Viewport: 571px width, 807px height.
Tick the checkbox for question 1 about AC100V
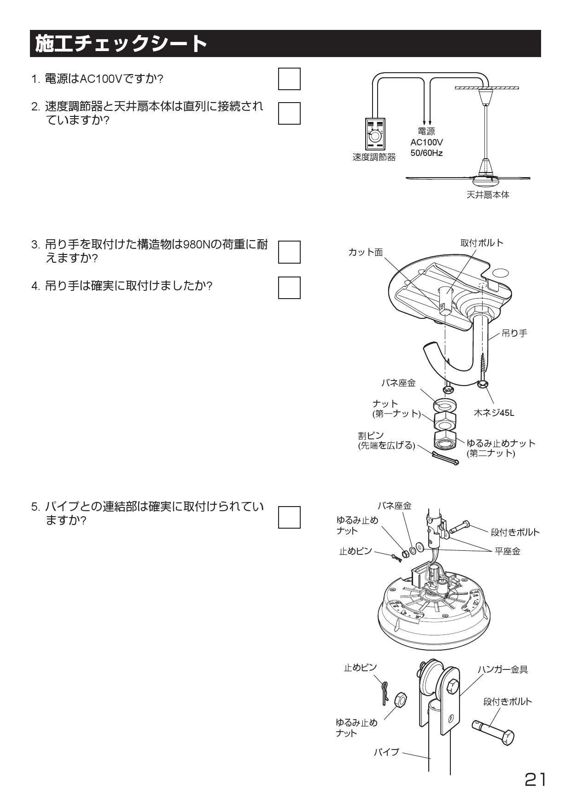[x=289, y=79]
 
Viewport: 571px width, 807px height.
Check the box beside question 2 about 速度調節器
[x=289, y=113]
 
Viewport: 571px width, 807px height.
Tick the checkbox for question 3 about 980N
[x=289, y=252]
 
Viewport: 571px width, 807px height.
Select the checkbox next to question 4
[x=289, y=288]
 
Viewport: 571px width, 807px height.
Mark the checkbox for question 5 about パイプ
[x=289, y=517]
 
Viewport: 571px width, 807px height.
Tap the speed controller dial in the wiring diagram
[x=375, y=137]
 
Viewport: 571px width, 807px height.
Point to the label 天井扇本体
[x=488, y=195]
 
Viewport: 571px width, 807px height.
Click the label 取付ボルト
[x=482, y=242]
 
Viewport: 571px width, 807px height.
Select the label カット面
[x=365, y=252]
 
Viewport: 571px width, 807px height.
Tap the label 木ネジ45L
[x=494, y=413]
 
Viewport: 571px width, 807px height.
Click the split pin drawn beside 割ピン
[x=445, y=458]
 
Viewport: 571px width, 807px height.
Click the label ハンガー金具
[x=502, y=669]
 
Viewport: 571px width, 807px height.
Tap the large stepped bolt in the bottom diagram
[x=494, y=732]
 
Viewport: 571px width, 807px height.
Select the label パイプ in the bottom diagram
[x=386, y=752]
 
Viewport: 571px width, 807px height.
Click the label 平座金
[x=507, y=551]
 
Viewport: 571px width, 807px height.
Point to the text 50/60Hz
[x=426, y=153]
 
